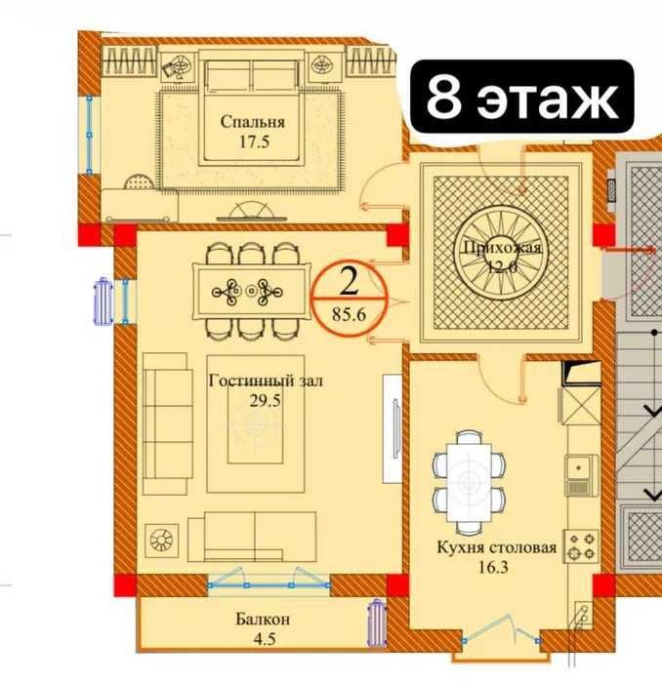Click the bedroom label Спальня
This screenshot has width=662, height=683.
(252, 122)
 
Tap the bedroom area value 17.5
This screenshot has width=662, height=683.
(254, 141)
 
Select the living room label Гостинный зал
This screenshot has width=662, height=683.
(266, 382)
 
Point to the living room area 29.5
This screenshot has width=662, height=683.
(265, 400)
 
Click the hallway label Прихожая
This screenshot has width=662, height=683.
(502, 248)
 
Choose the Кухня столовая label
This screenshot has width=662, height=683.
(497, 547)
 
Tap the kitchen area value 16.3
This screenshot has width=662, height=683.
(492, 567)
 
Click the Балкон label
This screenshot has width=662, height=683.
(263, 619)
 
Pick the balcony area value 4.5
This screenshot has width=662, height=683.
(265, 639)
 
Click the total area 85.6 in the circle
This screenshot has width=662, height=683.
(349, 313)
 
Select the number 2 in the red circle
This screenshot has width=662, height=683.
(349, 282)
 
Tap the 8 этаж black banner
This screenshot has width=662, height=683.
(522, 97)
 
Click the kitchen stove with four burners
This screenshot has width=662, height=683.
(581, 545)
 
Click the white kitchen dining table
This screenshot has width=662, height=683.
(469, 483)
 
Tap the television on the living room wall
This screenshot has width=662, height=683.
(396, 427)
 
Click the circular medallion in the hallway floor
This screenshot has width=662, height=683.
(501, 254)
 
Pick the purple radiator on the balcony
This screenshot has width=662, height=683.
(376, 623)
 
